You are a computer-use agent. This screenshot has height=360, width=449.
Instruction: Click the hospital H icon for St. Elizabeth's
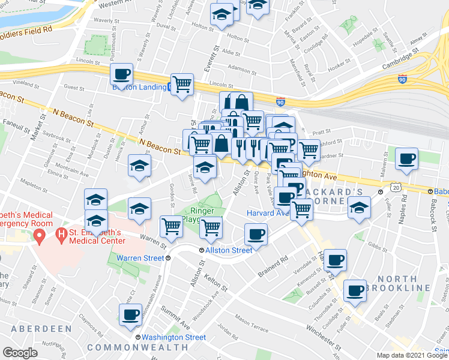[60, 233]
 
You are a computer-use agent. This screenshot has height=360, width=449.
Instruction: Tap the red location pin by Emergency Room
[40, 235]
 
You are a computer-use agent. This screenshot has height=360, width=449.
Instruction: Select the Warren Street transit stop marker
[168, 258]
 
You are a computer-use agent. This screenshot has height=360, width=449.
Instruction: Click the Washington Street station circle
[139, 337]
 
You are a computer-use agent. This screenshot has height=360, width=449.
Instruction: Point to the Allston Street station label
[229, 250]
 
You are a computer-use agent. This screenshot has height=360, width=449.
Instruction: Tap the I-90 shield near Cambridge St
[402, 79]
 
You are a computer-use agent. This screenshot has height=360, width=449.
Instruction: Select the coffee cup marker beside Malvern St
[407, 159]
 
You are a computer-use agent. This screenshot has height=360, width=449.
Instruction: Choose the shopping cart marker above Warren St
[172, 227]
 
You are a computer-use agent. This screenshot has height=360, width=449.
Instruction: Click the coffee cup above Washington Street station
[130, 314]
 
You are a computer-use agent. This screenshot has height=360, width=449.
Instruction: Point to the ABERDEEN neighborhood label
[37, 329]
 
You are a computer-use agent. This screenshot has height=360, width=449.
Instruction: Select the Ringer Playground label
[203, 215]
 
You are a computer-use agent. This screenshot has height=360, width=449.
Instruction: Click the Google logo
[20, 353]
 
